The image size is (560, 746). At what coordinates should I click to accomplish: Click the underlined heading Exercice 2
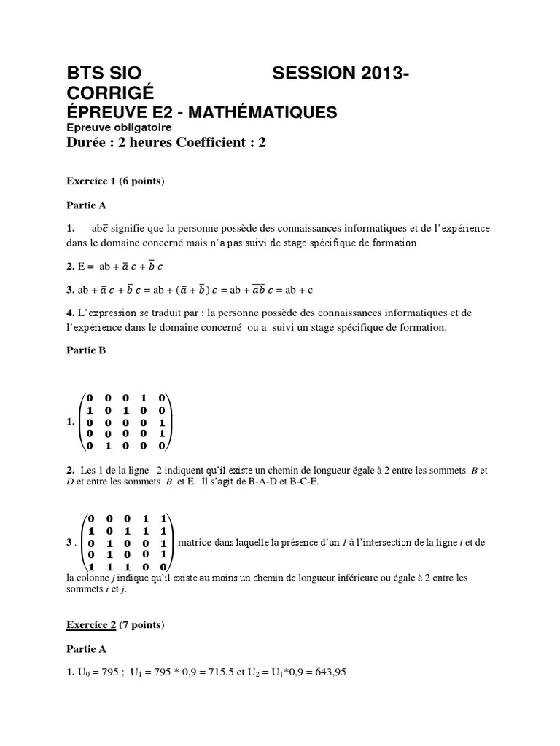92,624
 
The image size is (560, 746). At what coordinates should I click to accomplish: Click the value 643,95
328,672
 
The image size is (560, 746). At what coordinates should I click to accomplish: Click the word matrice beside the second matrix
194,543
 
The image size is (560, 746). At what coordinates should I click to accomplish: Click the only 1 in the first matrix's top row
144,398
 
